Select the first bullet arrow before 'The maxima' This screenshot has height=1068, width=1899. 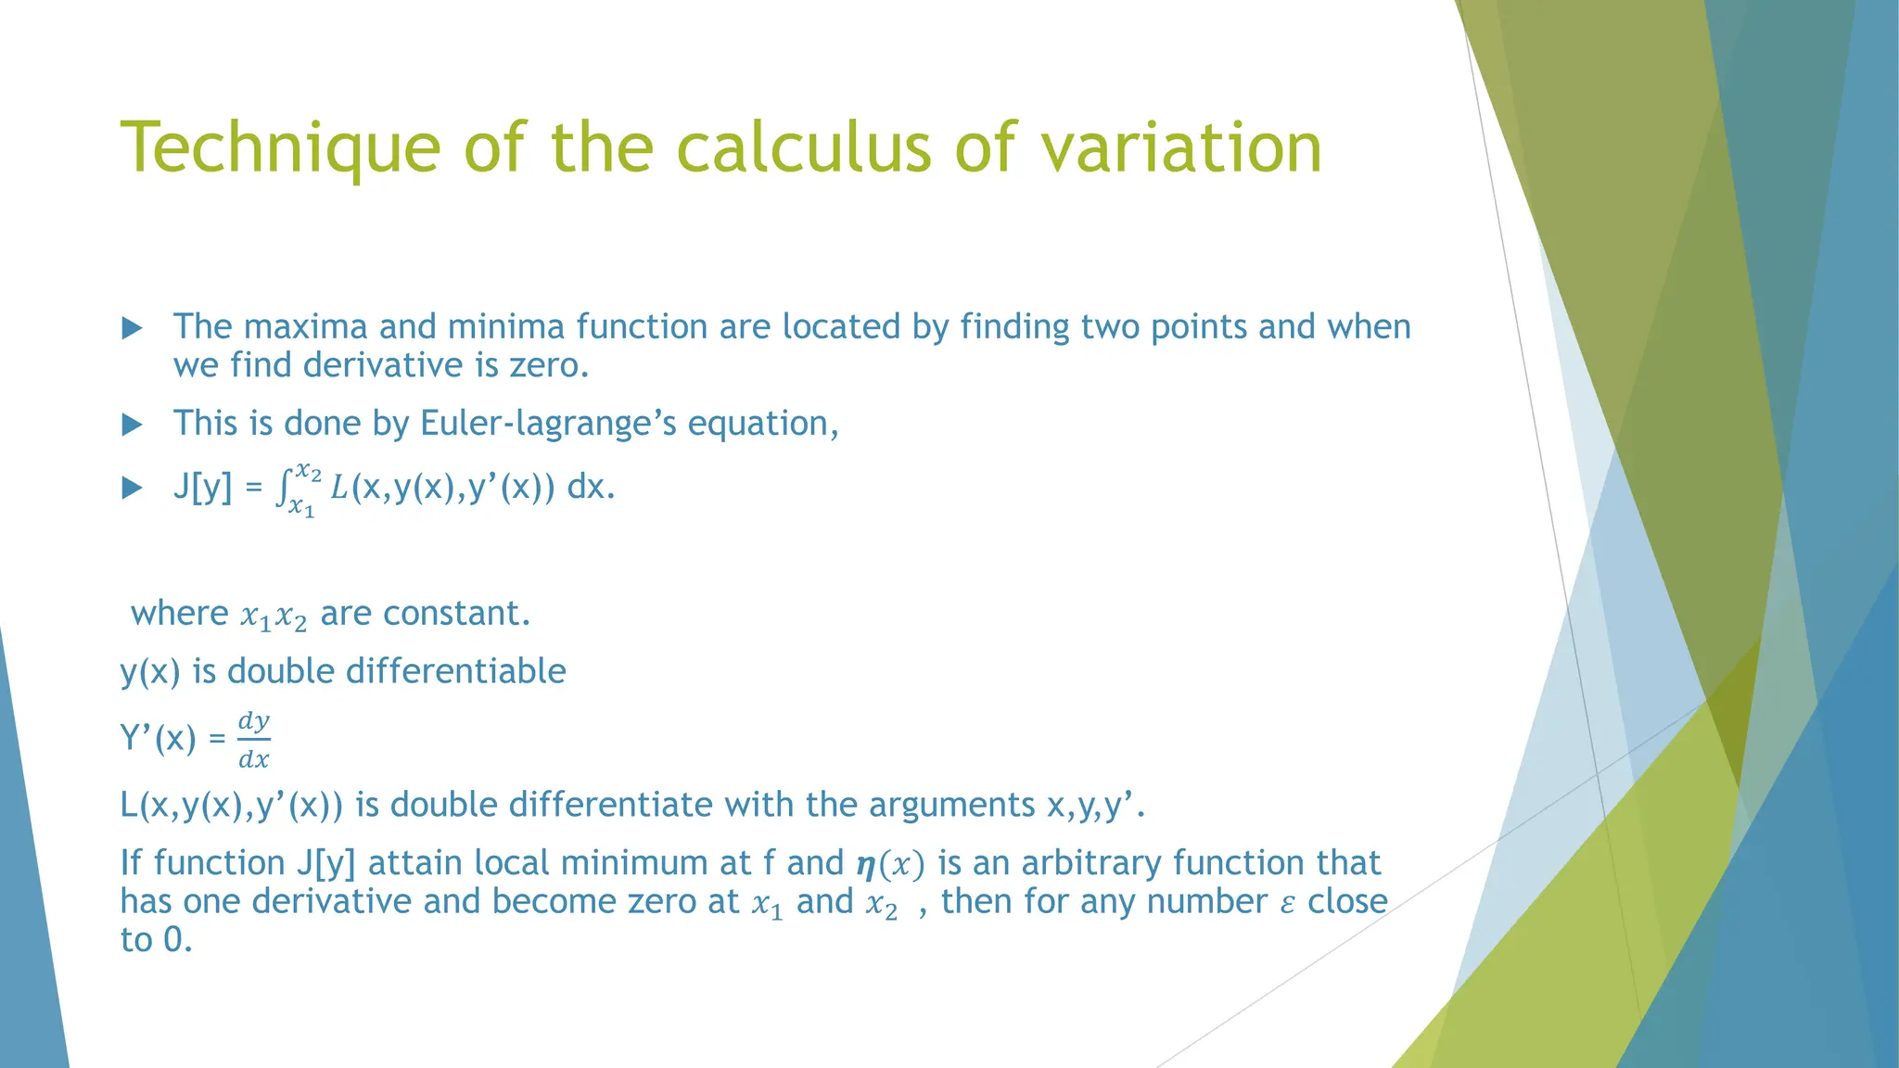[x=133, y=327]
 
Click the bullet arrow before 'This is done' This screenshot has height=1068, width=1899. [x=133, y=425]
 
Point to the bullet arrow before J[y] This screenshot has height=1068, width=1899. [x=133, y=489]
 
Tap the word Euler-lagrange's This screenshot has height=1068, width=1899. [x=548, y=424]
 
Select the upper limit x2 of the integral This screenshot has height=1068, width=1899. [x=309, y=473]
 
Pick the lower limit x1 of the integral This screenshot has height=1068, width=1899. [x=301, y=508]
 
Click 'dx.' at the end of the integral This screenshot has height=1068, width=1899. [x=591, y=487]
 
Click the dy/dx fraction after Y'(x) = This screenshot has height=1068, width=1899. [x=253, y=740]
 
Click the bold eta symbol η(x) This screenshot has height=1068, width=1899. [x=866, y=865]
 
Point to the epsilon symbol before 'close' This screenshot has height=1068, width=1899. [x=1287, y=904]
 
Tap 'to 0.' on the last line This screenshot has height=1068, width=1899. [x=156, y=940]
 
